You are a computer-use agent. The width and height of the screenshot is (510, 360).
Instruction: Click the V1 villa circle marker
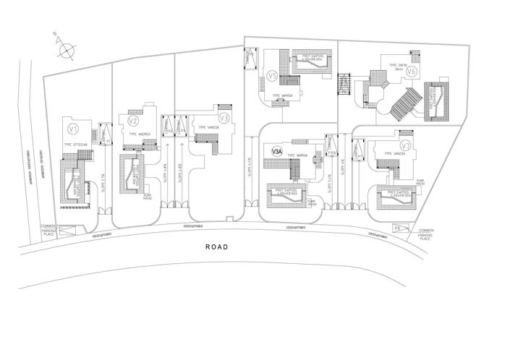coord(72,129)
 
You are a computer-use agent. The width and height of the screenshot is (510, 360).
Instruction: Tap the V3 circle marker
coord(224,118)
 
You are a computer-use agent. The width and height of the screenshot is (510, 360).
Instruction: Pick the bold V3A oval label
coord(276,152)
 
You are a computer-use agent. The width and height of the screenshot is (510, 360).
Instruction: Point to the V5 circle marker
coord(272,75)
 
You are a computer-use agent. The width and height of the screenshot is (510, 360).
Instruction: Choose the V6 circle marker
coord(410,72)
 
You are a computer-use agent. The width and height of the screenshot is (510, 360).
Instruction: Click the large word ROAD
coord(217,247)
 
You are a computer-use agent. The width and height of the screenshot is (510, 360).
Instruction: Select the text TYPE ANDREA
coord(138,134)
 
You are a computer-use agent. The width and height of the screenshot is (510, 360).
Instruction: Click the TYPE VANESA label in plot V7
coord(394,154)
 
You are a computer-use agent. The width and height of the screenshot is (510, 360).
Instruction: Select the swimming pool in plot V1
coord(74,184)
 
